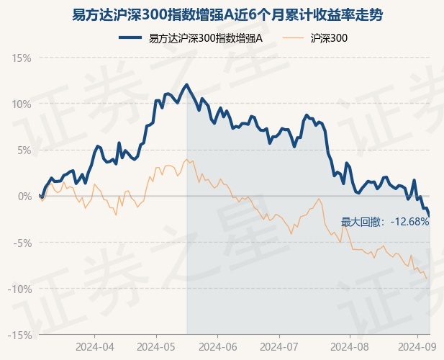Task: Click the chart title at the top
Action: pos(222,14)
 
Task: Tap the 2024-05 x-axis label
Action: pos(156,346)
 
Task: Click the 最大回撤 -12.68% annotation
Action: pos(384,222)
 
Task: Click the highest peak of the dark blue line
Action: pos(187,85)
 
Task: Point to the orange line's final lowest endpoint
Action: pos(427,279)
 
